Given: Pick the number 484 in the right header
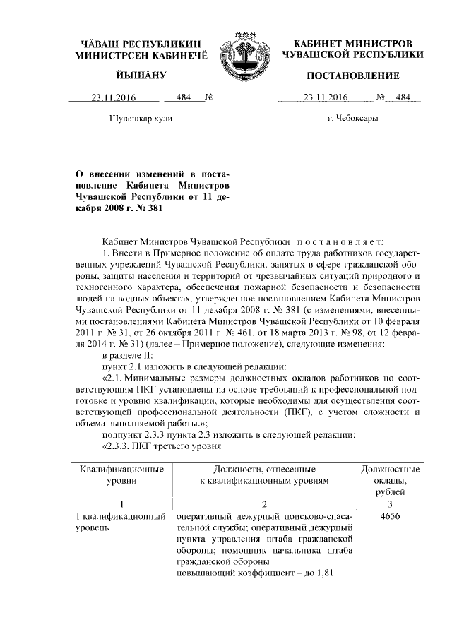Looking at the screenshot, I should click(403, 99).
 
